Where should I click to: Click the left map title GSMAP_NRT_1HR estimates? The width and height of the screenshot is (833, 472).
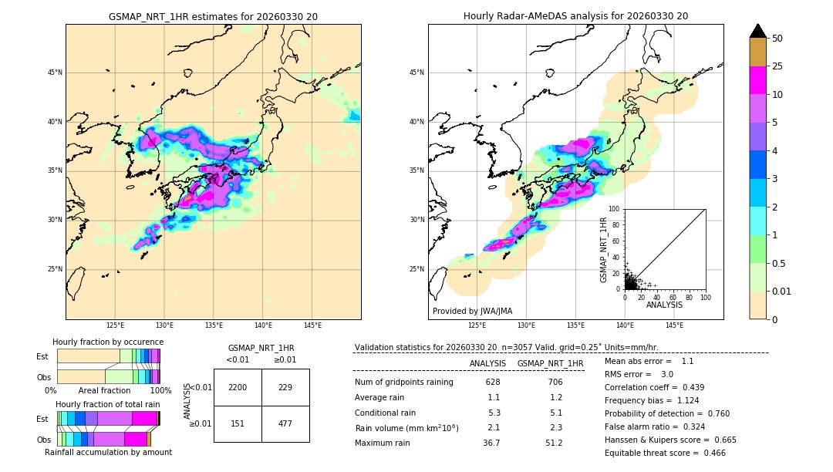(213, 16)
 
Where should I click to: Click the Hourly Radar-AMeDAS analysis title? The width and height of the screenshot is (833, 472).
(575, 16)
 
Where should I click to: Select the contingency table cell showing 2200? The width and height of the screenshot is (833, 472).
(238, 387)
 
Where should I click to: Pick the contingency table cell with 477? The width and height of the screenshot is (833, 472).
(285, 423)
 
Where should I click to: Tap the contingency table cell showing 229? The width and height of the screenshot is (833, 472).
(285, 387)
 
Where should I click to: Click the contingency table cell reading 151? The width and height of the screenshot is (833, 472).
(238, 423)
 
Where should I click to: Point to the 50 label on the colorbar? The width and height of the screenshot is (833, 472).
(777, 38)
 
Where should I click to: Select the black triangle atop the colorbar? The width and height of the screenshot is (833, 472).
(758, 31)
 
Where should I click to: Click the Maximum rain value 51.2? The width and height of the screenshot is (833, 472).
(554, 443)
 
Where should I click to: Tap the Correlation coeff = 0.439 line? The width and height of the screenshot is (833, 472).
(654, 387)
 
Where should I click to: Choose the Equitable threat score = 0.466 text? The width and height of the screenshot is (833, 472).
(665, 453)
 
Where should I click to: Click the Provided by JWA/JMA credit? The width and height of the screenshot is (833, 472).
(472, 311)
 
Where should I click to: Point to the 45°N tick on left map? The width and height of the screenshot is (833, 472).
(55, 72)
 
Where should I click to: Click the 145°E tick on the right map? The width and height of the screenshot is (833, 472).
(674, 325)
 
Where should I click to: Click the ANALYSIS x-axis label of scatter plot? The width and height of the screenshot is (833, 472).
(664, 305)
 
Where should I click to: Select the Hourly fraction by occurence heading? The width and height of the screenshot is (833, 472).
(108, 342)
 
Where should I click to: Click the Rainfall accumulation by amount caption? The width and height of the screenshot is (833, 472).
(108, 452)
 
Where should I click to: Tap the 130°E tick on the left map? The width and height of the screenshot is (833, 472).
(164, 325)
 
